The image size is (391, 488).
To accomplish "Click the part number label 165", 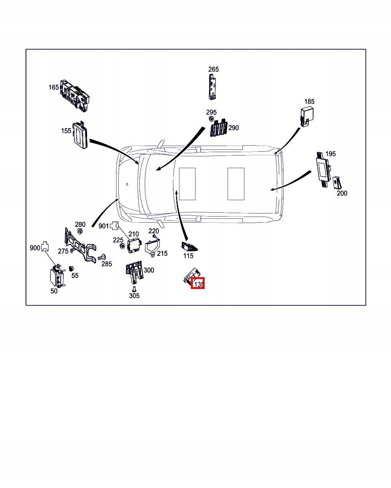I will coord(53,87).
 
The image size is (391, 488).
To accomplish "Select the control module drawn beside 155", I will coord(80,135).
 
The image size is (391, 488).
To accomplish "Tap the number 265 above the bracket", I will coord(213,69).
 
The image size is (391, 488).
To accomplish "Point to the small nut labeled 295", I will coord(211,119).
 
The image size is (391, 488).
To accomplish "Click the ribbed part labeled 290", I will coord(219,128).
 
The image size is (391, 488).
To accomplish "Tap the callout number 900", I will coord(35,248).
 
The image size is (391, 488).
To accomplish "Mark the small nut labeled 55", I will coord(71,268).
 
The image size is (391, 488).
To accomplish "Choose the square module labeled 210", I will coord(134,245).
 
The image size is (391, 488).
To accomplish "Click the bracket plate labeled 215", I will coord(153,247).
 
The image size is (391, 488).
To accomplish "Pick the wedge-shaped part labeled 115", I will coord(190,246).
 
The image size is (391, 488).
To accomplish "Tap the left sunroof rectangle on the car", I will coord(187,184).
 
